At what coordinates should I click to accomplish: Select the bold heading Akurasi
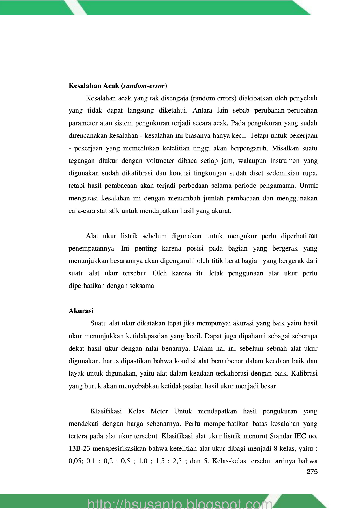point(81,311)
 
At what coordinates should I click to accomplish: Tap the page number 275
point(312,472)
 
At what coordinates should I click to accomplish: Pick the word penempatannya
point(92,249)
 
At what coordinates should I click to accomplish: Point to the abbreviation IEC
point(300,436)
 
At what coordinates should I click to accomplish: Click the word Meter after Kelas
point(159,411)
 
